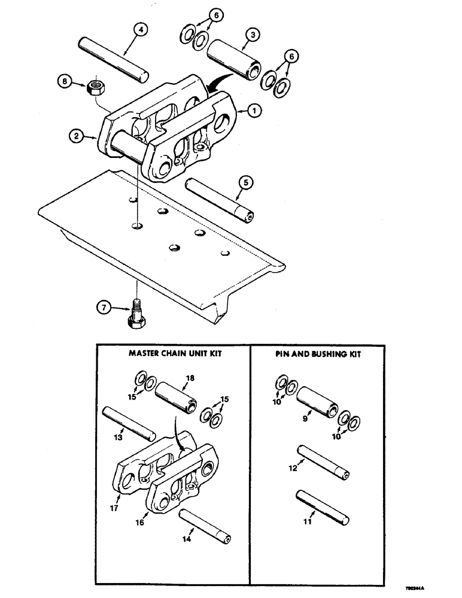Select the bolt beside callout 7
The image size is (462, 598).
pos(136,314)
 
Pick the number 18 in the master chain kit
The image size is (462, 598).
pos(189,379)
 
